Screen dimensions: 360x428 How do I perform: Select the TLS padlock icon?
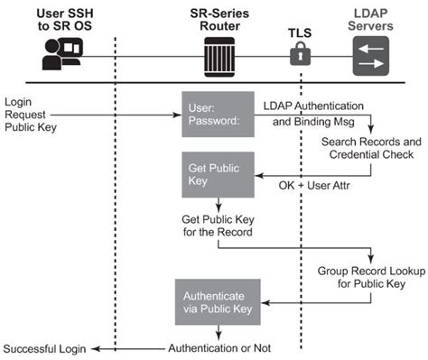(x=299, y=55)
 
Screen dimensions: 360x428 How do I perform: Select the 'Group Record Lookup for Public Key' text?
(x=367, y=276)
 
